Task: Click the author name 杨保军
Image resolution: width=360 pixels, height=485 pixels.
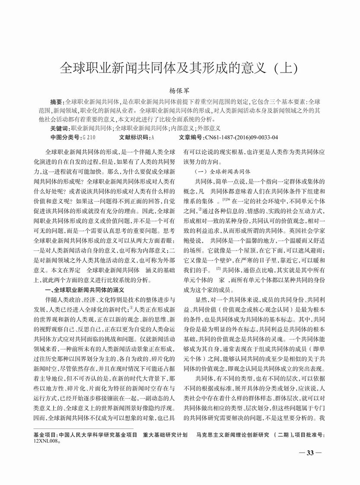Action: (180, 91)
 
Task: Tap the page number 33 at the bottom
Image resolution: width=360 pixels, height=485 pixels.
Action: (310, 453)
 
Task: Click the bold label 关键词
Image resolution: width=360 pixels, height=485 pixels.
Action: (59, 128)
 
